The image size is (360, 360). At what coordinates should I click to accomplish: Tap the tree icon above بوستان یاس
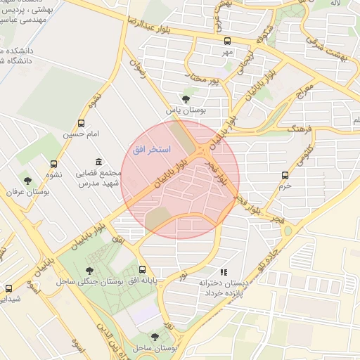[x=186, y=99]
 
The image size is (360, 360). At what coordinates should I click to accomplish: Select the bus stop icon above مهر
[x=226, y=41]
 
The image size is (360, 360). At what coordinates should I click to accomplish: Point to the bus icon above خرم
[x=285, y=175]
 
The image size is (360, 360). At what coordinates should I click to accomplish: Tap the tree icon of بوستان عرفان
[x=27, y=181]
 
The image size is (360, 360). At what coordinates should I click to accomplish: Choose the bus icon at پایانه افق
[x=143, y=269]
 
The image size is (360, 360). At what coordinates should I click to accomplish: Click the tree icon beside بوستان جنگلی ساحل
[x=89, y=270]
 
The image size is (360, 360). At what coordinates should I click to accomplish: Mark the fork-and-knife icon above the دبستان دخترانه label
[x=224, y=271]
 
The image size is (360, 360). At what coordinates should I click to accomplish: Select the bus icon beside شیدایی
[x=9, y=288]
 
